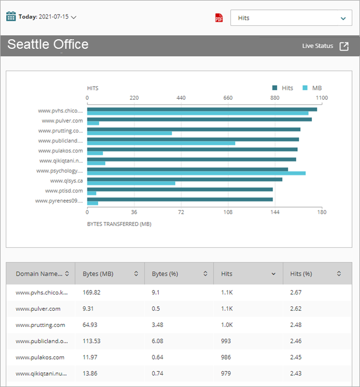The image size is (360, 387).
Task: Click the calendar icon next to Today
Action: coord(11,16)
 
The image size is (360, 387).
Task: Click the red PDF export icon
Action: coord(219,18)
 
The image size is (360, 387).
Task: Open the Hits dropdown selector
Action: coord(291,18)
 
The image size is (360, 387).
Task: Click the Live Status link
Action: coord(325,46)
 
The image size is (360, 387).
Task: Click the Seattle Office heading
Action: coord(48,45)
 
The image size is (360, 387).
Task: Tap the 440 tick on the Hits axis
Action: coord(181,98)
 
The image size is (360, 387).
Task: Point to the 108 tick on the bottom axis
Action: coord(228,213)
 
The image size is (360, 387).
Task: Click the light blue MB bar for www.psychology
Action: coord(196,173)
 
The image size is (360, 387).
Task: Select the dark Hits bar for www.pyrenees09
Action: coord(179,199)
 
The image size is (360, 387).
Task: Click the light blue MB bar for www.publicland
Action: coord(161,143)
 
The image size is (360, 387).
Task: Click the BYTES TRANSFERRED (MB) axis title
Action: coord(119,224)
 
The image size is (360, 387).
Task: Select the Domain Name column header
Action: coord(39,274)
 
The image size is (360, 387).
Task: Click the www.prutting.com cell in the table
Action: coord(40,325)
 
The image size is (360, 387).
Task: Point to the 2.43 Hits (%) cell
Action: coord(296,374)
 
